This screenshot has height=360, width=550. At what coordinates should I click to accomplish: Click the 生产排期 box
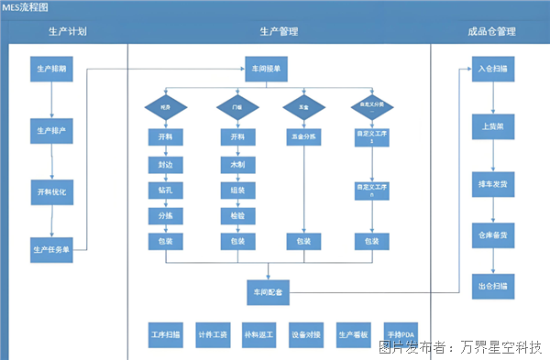point(51,69)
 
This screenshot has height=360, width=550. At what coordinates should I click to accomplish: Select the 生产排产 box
point(51,130)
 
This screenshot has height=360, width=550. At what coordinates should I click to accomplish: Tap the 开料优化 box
point(51,191)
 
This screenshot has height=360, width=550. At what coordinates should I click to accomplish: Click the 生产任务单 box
point(51,248)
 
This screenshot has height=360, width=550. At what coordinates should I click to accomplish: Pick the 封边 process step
point(165,165)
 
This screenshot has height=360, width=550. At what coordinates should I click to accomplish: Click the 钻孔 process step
point(165,190)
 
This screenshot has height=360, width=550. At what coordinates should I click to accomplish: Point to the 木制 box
point(236,165)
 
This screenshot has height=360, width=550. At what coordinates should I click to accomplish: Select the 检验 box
point(236,215)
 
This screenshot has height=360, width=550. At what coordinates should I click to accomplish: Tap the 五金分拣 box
point(303,136)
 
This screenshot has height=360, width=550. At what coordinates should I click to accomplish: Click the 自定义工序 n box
point(372,190)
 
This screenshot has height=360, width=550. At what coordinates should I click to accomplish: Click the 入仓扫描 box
point(492,69)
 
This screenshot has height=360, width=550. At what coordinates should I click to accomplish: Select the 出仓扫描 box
point(492,285)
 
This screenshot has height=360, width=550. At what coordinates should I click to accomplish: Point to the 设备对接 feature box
point(305,333)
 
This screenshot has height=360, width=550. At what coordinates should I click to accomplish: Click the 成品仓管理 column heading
point(492,32)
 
